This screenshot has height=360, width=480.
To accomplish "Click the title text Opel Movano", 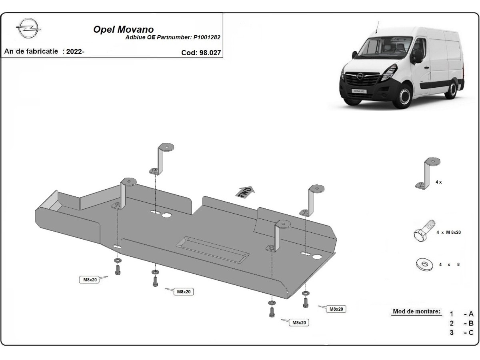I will point(123,30).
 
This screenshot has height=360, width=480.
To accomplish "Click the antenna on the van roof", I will point(376,27).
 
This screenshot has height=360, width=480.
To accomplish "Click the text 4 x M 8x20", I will point(448,232).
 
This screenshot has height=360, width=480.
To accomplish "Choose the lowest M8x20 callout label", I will point(300,322).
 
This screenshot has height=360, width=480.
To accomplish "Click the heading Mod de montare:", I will point(416,312).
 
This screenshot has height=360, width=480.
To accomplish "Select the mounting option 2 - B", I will point(461,323).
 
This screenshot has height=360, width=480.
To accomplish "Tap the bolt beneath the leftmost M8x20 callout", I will point(118,270).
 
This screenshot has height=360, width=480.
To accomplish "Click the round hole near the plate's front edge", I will point(318,256).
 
